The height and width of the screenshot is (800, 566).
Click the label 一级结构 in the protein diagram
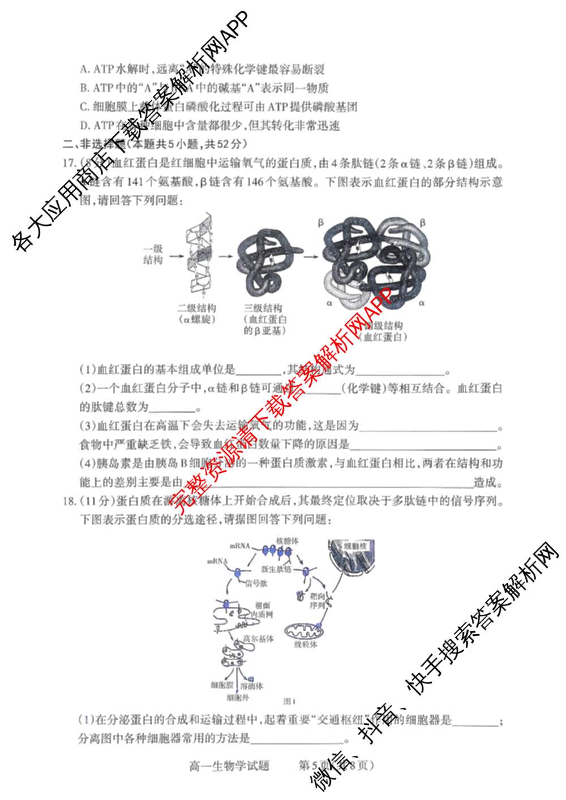tap(153, 255)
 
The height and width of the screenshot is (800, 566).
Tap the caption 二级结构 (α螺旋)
tap(197, 313)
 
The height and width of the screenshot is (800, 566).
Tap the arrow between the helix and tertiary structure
tap(226, 256)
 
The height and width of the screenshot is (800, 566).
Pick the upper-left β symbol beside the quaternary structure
tap(320, 223)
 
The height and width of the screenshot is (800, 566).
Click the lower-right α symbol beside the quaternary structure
tap(422, 303)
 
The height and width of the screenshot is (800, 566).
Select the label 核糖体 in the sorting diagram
tap(288, 541)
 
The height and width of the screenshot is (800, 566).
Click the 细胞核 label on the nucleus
tap(356, 546)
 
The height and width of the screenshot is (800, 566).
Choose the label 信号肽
tap(256, 583)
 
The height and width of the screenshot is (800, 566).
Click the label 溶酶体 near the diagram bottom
tap(252, 686)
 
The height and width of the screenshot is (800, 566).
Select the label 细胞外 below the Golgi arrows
tap(238, 698)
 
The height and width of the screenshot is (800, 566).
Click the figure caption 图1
tap(290, 702)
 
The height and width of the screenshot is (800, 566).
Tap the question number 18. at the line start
tap(69, 501)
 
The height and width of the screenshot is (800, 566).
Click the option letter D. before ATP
tap(85, 126)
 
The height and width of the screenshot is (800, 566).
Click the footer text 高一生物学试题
tap(229, 766)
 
